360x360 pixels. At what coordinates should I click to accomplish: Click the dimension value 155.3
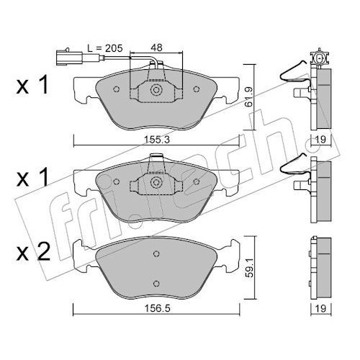(x=157, y=140)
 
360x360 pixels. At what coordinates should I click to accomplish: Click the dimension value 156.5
(x=157, y=308)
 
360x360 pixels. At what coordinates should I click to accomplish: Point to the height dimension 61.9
(x=249, y=96)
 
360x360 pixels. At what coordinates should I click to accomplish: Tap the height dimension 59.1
(x=250, y=268)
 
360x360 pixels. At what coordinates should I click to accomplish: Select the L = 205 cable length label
(x=105, y=48)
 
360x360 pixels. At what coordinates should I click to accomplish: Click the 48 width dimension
(x=156, y=48)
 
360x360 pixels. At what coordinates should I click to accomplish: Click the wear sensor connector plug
(x=69, y=58)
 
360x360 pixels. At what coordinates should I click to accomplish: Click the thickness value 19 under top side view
(x=320, y=140)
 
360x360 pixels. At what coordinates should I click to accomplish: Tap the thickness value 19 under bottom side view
(x=320, y=308)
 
